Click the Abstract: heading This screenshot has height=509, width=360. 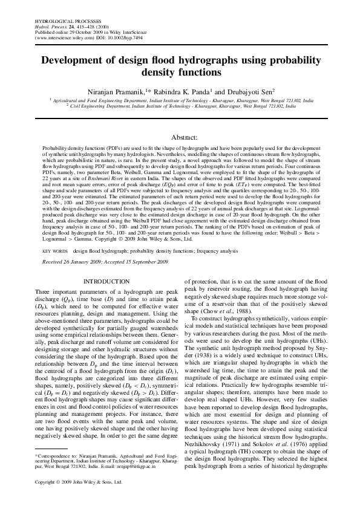pyautogui.click(x=180, y=138)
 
